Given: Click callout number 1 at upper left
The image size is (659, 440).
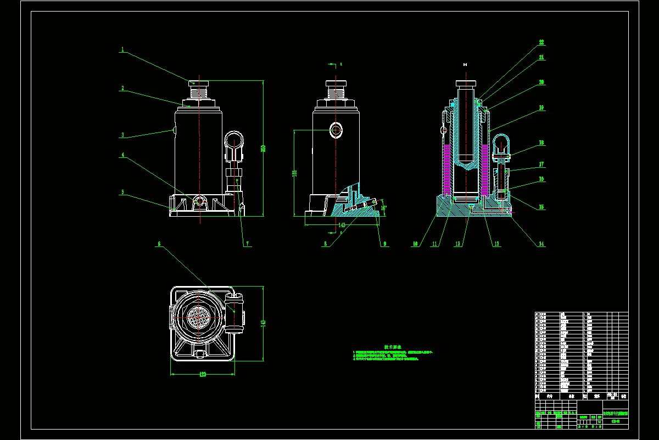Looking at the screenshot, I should tap(123, 50).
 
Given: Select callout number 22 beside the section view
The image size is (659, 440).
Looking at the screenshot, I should tap(541, 42).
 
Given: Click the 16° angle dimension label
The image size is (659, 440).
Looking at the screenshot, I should tap(383, 208).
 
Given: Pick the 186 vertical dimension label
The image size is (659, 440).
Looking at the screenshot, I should tap(295, 173).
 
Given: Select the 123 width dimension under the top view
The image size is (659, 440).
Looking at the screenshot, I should tap(202, 375).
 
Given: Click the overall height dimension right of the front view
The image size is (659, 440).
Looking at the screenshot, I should tap(263, 148).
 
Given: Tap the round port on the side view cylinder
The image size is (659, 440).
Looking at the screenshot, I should tap(336, 130).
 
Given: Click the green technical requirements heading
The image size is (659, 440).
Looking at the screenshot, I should tap(393, 347).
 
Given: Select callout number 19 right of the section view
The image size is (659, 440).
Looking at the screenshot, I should tap(541, 108).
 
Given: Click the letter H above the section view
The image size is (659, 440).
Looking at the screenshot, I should tap(465, 65).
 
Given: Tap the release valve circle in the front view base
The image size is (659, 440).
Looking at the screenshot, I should tap(199, 201).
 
